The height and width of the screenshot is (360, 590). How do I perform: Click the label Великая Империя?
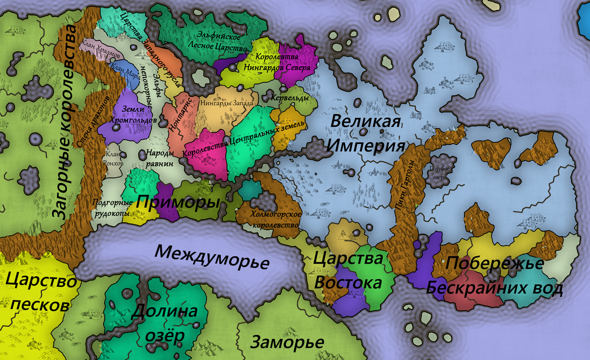coord(366,133)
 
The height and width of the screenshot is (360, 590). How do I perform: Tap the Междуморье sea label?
coord(212,257)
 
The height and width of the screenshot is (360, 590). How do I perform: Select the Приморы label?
coord(178,202)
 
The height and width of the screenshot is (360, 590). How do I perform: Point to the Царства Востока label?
coord(348,270)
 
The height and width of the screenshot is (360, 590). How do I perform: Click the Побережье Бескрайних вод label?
coord(494,276)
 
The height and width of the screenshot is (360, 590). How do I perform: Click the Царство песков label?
coord(41,294)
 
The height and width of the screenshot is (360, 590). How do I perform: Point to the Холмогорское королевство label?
coord(275,219)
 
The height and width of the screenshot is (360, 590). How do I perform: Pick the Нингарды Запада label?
coord(227,104)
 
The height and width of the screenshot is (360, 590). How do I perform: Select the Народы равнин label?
coord(159,158)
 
